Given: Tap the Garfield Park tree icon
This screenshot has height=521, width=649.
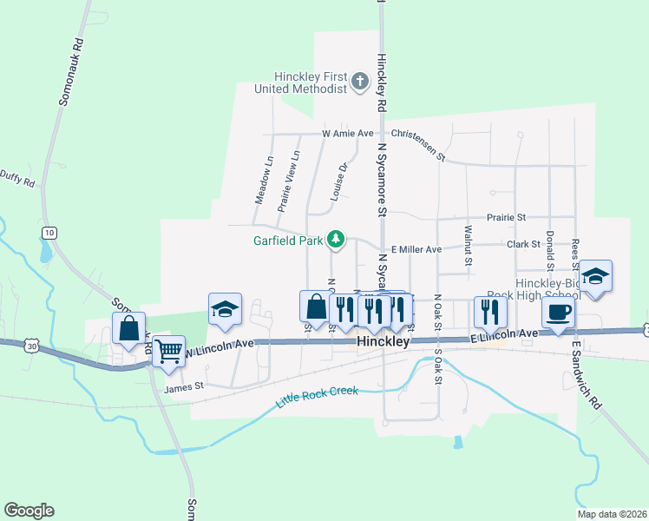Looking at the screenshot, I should pos(335,239).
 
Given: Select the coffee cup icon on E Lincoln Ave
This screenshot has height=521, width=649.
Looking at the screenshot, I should pos(557,313).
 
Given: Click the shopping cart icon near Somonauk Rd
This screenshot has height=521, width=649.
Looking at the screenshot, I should pos(168,350).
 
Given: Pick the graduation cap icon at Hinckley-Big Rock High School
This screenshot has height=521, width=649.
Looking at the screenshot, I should pos(595,276).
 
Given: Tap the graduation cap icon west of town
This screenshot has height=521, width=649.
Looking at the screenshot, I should pos(224,308).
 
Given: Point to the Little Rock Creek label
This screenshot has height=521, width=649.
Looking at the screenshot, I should pos(317,398).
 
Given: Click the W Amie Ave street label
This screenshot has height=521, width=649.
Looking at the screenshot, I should pos(346,134).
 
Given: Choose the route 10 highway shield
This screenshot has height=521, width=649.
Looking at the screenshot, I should pos(49,233).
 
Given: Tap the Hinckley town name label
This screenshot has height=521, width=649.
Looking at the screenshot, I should pos(383,343).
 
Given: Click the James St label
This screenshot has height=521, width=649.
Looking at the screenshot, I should pos(183,388).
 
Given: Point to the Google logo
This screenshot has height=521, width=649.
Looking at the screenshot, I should pos(29,511).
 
